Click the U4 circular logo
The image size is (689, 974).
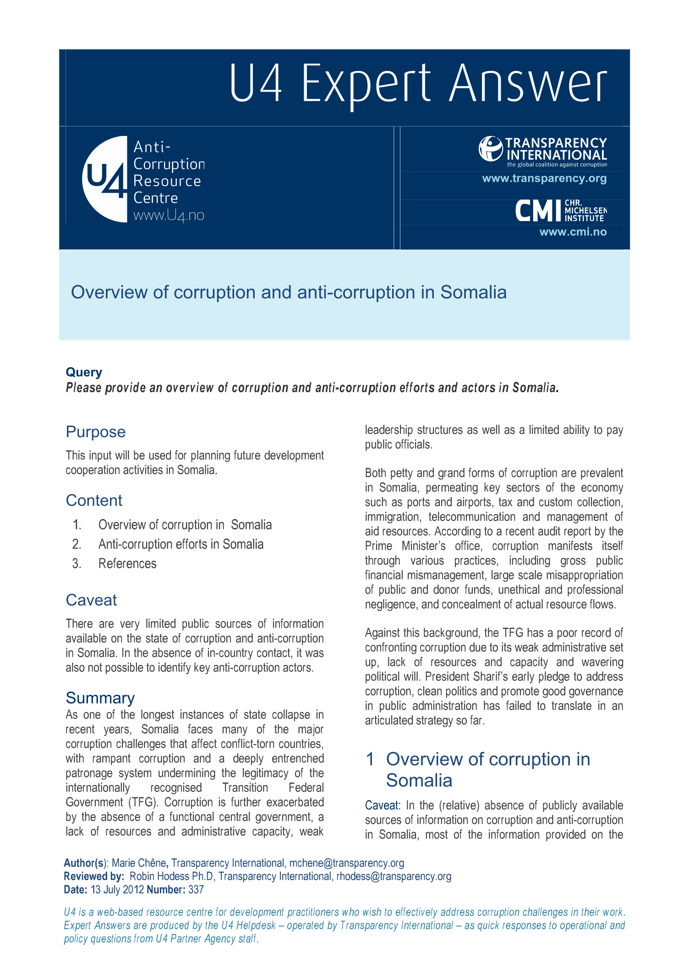[x=105, y=179]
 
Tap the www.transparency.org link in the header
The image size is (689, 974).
[x=544, y=179]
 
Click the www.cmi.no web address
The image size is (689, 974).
[x=573, y=232]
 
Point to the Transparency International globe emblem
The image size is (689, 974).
[x=491, y=149]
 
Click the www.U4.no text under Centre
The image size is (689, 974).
[x=169, y=215]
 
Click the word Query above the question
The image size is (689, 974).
[x=84, y=372]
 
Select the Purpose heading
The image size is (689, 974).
[x=95, y=432]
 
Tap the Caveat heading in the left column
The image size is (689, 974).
[x=91, y=600]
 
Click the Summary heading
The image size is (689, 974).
[x=100, y=698]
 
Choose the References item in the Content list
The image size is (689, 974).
[x=127, y=563]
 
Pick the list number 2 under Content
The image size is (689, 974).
[x=77, y=544]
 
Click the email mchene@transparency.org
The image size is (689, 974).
[x=347, y=863]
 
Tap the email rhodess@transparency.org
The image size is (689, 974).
[x=394, y=877]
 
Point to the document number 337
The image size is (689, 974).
[x=196, y=890]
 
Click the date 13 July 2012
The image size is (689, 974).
[x=117, y=890]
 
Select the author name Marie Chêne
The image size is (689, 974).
[x=139, y=863]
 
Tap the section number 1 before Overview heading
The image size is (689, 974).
[x=370, y=759]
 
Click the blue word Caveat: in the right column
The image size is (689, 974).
[x=383, y=806]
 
